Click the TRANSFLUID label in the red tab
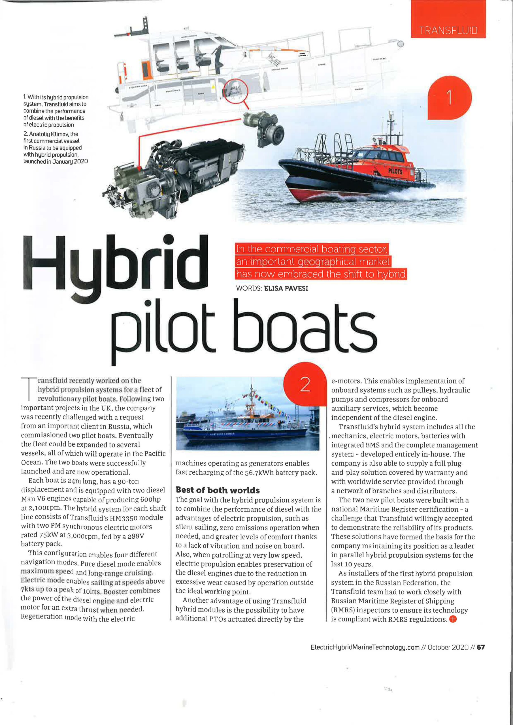pyautogui.click(x=448, y=31)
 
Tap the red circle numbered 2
pyautogui.click(x=304, y=385)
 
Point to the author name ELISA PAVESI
pyautogui.click(x=286, y=288)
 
